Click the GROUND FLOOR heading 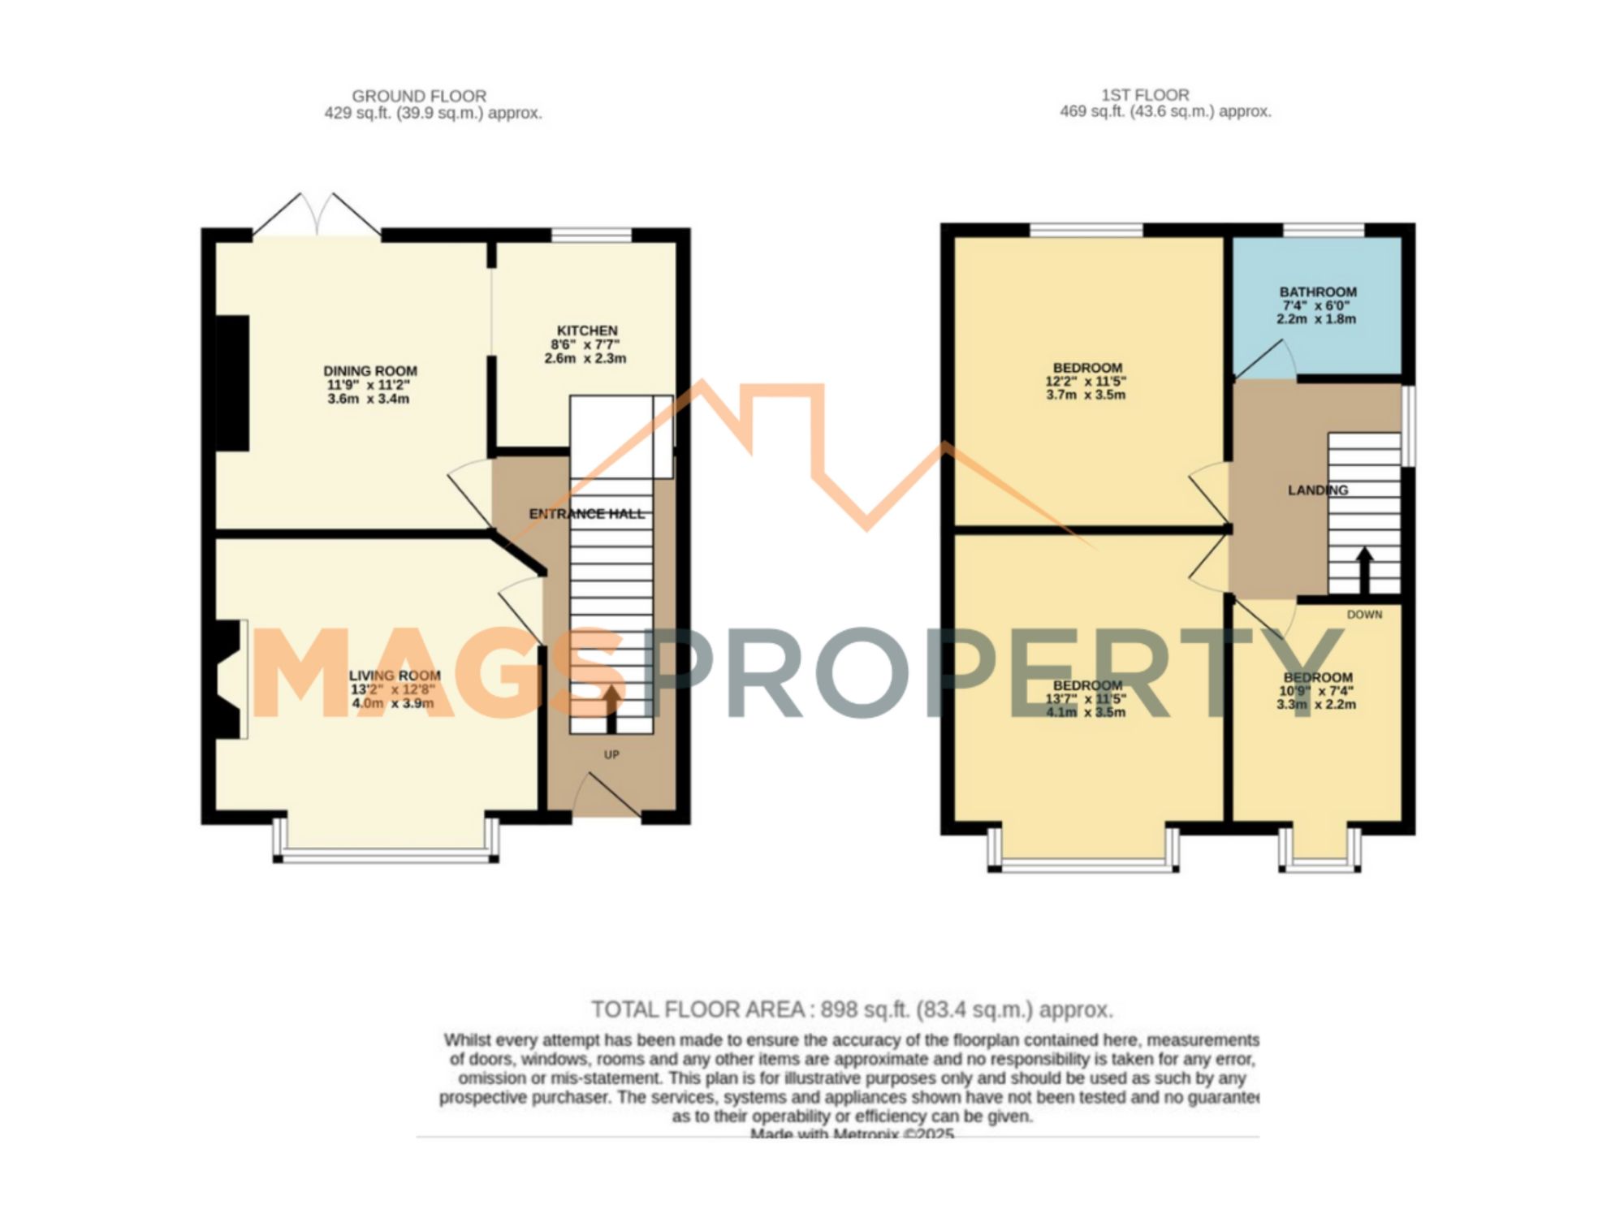coord(419,96)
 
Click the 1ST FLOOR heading coord(1145,95)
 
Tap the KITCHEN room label coord(587,330)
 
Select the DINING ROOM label coord(370,371)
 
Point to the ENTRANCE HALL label coord(586,514)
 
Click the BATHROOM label coord(1318,292)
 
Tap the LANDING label coord(1318,490)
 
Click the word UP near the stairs coord(611,754)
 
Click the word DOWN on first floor coord(1364,615)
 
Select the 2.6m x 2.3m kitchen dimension coord(585,358)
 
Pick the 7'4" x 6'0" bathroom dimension coord(1316,305)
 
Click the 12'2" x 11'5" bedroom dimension coord(1086,381)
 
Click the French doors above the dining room coord(317,216)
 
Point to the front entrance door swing coord(605,796)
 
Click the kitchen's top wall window coord(592,235)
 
